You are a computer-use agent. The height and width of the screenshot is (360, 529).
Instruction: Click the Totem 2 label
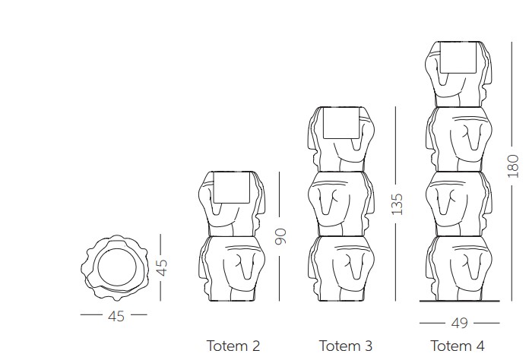233,346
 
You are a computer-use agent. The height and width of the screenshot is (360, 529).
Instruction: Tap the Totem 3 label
346,346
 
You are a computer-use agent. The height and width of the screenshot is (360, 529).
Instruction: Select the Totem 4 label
458,346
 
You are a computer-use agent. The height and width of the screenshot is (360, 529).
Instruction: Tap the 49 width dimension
459,323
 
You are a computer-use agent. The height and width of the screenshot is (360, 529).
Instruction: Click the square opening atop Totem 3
342,123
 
